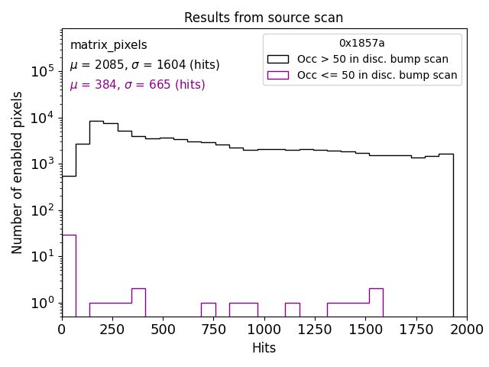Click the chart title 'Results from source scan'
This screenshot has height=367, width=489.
tap(264, 18)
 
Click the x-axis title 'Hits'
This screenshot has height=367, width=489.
tap(264, 348)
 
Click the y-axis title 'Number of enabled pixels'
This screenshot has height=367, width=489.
tap(18, 172)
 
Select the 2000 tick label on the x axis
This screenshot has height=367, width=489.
tap(466, 329)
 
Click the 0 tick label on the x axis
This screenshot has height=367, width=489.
tap(62, 329)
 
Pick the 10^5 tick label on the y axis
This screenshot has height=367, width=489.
tap(42, 71)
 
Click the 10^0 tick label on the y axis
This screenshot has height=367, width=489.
tap(42, 303)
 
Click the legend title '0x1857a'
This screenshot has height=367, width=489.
tap(362, 43)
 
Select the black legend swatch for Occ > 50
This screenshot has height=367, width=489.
tap(277, 59)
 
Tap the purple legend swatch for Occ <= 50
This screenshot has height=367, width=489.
tap(277, 75)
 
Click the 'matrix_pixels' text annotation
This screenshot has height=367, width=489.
tap(108, 45)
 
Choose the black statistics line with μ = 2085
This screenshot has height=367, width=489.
tap(144, 65)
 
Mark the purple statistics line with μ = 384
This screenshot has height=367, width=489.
tap(138, 85)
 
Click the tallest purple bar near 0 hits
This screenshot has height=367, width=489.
tap(69, 275)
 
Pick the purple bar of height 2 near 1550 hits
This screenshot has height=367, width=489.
tap(376, 302)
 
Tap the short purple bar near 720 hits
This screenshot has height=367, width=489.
tap(208, 310)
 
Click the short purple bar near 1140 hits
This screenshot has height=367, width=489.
tap(292, 310)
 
